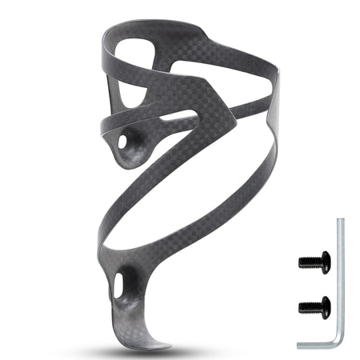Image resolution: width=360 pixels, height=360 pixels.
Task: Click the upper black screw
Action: tap(314, 261)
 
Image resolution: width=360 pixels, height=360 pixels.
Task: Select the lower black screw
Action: tap(314, 305)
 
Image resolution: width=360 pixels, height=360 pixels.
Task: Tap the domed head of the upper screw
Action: tap(322, 261)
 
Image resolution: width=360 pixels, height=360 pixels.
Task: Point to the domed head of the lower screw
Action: tap(322, 305)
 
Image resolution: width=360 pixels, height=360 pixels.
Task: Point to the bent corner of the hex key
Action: tap(339, 343)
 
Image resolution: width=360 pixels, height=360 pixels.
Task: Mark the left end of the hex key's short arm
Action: tap(299, 344)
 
